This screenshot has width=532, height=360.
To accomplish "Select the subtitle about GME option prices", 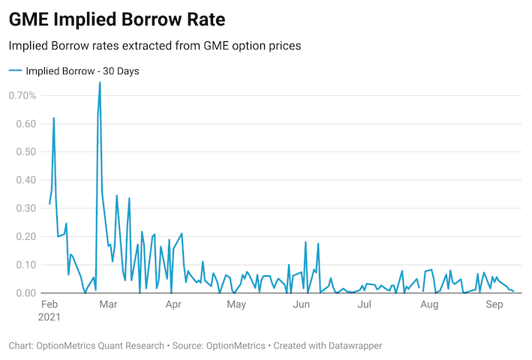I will [155, 46].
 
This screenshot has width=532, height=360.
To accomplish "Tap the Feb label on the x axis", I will [50, 305].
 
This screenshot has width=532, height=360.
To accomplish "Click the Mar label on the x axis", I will [109, 305].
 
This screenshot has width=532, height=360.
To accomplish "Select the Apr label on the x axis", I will [173, 305].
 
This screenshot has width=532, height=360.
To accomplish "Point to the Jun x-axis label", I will [302, 305].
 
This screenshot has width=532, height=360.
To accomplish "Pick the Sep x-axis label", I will [494, 305].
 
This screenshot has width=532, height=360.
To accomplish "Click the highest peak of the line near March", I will [100, 82].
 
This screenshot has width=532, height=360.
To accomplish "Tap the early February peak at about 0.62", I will [53, 118].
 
